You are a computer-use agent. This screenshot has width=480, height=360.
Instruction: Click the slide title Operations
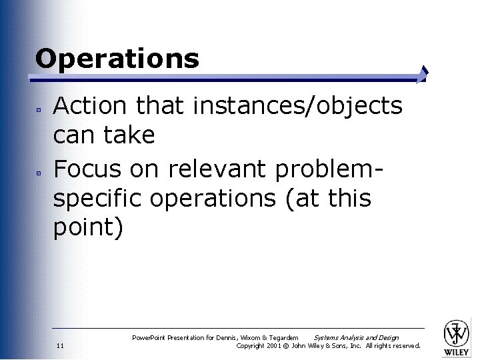coord(117,59)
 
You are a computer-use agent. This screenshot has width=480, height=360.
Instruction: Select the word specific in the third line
coord(99,198)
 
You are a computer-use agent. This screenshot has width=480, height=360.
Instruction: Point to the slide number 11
coord(60,346)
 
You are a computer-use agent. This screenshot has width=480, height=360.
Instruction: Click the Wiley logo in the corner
coord(457,335)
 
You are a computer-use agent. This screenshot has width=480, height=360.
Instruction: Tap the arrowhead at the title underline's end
coord(423,74)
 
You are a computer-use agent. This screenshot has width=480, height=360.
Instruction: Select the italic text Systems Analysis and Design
coord(356,338)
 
